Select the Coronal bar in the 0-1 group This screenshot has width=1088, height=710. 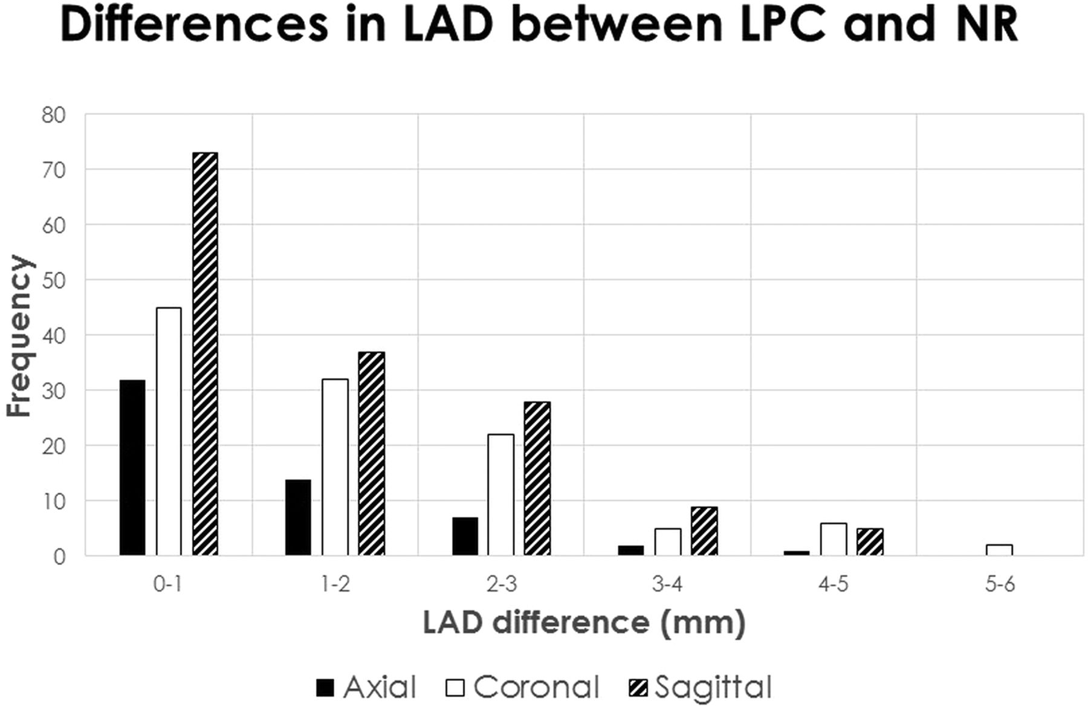pos(169,431)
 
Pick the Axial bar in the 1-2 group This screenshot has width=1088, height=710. pos(298,517)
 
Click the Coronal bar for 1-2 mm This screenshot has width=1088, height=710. pos(335,467)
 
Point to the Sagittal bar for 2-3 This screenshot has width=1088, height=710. pos(537,479)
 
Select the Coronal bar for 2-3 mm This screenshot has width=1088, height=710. pos(500,495)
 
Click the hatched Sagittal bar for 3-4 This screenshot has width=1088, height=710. pos(704,531)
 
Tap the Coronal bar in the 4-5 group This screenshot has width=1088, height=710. pos(833,539)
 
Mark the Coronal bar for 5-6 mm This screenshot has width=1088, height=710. pos(999,550)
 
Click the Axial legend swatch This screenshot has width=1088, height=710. pos(325,688)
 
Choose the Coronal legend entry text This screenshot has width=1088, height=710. pos(536,687)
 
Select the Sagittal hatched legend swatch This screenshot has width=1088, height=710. pos(638,688)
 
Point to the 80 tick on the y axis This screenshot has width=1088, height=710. pos(53,115)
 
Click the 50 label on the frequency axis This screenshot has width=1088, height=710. pos(53,280)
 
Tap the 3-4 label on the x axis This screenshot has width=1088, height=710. pos(667,585)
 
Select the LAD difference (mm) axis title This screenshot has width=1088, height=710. pos(584,623)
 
